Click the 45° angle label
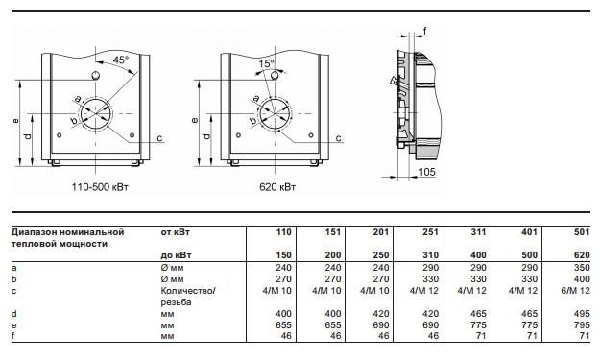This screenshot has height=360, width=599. (121, 60)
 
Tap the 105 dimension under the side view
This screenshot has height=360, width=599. (428, 171)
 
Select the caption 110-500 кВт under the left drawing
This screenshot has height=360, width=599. (100, 184)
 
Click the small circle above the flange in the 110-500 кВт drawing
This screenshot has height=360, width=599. (97, 76)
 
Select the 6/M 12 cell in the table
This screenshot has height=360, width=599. (576, 290)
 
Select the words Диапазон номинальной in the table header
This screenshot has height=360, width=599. (68, 232)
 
